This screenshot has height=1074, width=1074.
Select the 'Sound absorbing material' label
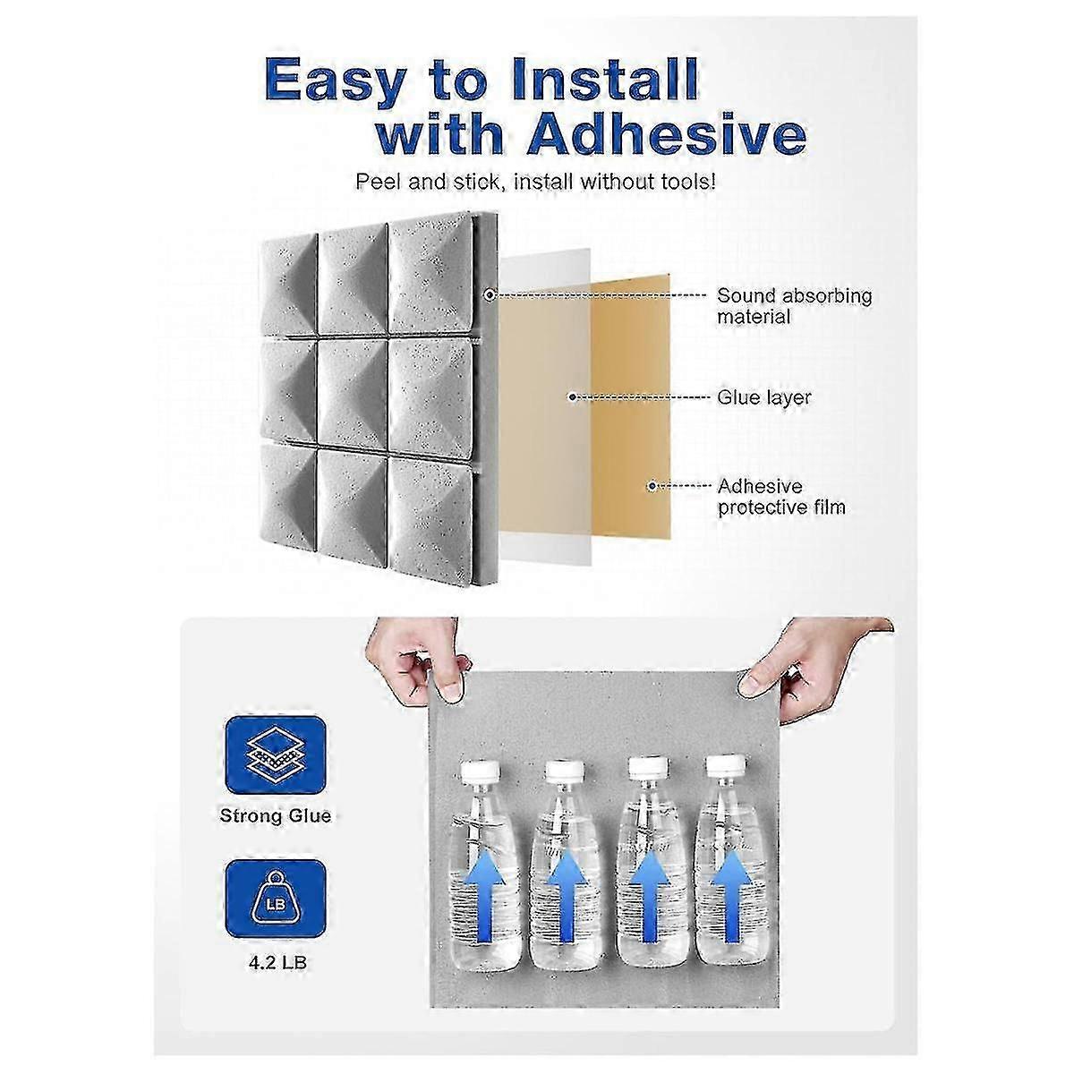click(794, 306)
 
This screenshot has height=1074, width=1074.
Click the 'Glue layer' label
click(763, 397)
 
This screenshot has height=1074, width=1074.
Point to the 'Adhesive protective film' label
click(781, 497)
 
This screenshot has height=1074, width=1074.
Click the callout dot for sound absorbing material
click(490, 294)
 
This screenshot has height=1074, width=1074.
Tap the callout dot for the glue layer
click(572, 397)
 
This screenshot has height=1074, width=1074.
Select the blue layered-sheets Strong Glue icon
click(276, 755)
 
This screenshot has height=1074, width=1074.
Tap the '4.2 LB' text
click(277, 963)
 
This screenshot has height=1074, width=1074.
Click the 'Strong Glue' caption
click(276, 816)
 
